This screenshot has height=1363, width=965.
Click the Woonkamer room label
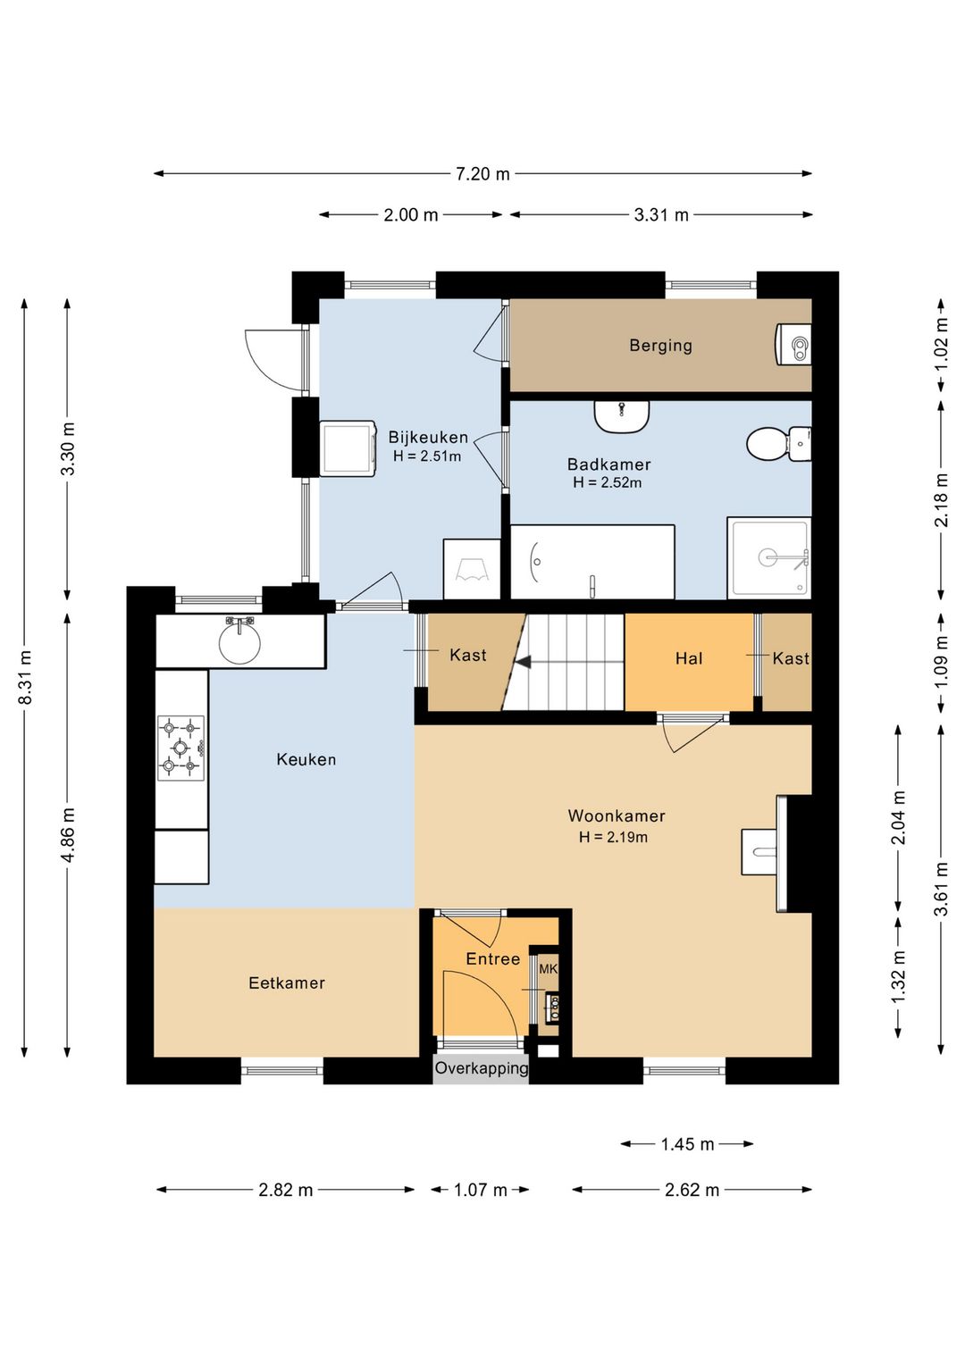(617, 815)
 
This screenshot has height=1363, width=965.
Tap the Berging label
(660, 346)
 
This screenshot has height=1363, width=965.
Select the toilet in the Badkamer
(778, 444)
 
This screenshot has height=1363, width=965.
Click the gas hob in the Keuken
(180, 748)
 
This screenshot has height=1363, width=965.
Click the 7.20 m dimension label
(482, 174)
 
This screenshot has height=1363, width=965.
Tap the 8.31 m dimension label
(25, 677)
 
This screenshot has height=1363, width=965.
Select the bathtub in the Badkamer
(592, 562)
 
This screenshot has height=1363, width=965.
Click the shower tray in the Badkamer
(769, 557)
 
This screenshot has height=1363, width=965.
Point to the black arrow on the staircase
(523, 662)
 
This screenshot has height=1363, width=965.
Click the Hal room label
(689, 657)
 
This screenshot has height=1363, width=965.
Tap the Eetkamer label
(287, 983)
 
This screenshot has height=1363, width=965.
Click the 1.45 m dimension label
(687, 1144)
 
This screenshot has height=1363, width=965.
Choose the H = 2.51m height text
(427, 456)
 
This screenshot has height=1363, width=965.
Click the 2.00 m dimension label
(411, 214)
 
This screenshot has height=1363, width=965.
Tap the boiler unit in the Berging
(794, 345)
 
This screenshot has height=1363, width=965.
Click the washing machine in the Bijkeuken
(348, 448)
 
